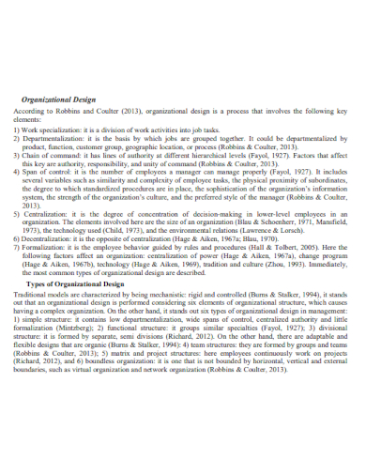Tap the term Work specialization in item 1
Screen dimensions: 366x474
pos(55,131)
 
